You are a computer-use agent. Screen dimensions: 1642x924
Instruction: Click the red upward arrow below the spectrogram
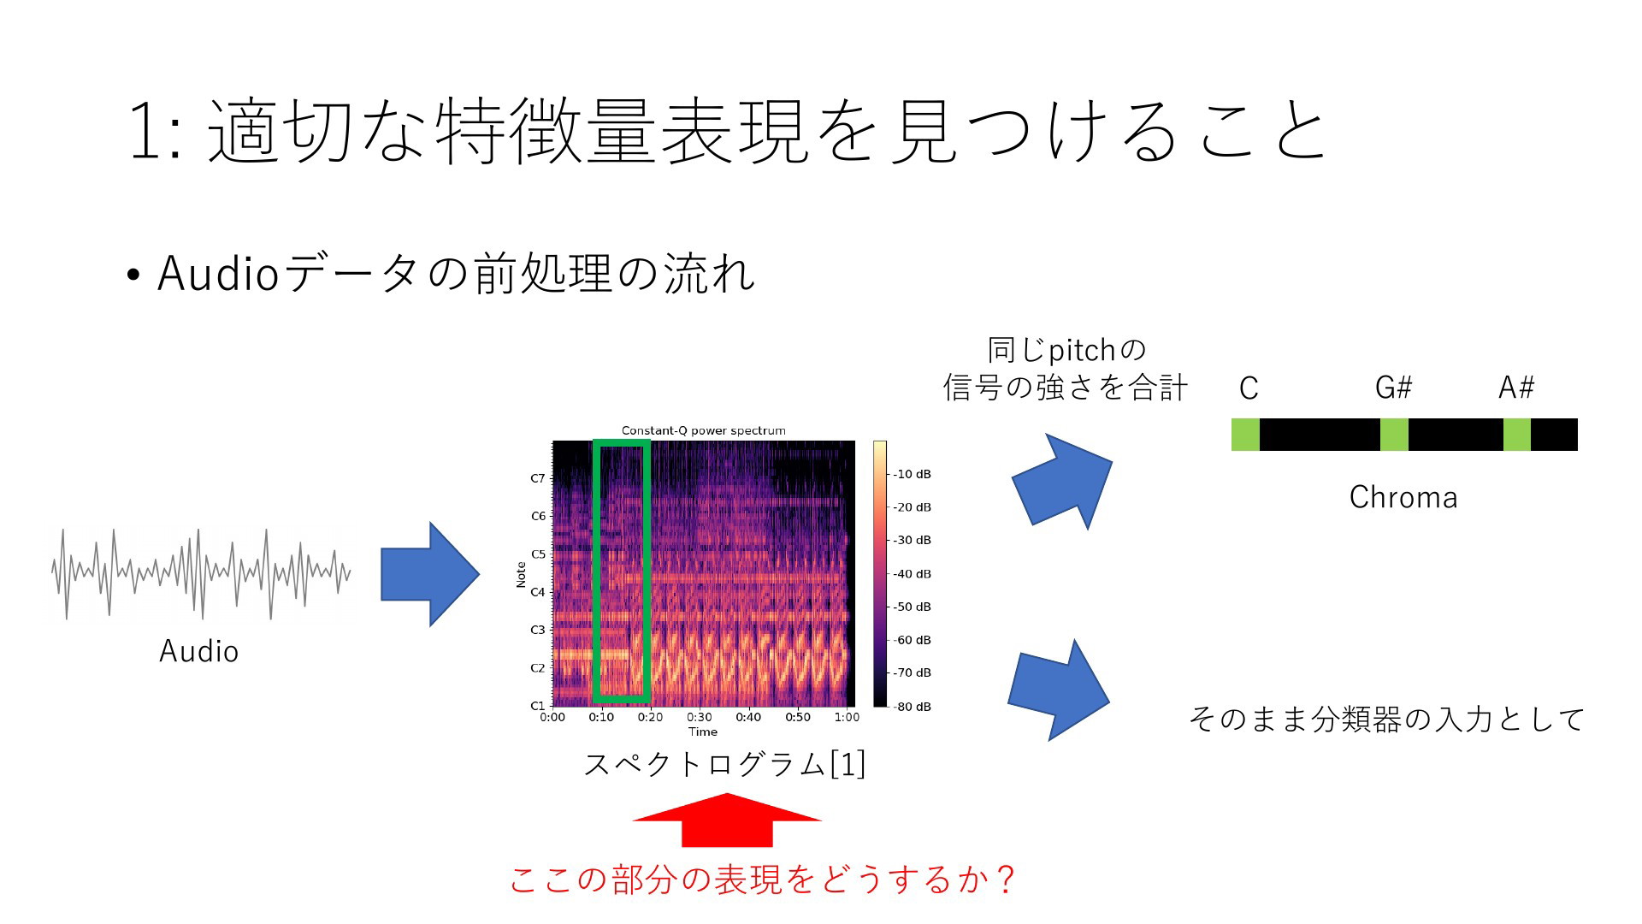pos(727,820)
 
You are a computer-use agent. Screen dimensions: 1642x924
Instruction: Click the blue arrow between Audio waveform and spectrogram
pos(429,574)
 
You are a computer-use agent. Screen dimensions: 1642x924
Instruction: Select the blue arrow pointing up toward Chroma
pos(1063,481)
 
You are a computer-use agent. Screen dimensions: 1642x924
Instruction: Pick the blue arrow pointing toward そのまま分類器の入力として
pos(1059,690)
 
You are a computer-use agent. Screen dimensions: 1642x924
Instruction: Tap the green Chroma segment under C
pos(1245,435)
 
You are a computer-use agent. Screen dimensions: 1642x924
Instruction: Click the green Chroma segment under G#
pos(1394,435)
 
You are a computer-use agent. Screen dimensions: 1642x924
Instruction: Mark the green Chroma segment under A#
pos(1517,435)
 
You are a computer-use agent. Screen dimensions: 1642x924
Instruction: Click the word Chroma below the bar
pos(1403,497)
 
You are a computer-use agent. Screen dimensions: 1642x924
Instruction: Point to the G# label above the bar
pos(1394,388)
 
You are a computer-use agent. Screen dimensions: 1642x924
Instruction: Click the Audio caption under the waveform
pos(198,651)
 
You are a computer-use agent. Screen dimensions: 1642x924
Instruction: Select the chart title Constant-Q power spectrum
pos(703,430)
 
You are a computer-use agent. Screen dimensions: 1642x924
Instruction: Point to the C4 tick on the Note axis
pos(538,592)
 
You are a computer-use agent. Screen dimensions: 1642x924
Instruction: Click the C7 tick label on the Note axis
pos(538,478)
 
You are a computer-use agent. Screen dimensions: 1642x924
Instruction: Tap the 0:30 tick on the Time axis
pos(700,717)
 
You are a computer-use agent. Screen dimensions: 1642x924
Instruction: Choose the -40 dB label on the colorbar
pos(913,573)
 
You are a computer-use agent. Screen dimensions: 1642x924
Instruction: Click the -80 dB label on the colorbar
pos(913,707)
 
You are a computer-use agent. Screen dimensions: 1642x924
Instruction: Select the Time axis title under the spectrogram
pos(703,731)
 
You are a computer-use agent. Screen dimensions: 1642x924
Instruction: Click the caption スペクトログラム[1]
pos(724,764)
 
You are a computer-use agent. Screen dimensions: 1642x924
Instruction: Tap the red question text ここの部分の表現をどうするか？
pos(764,880)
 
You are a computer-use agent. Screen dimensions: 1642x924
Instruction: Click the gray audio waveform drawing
pos(202,573)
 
